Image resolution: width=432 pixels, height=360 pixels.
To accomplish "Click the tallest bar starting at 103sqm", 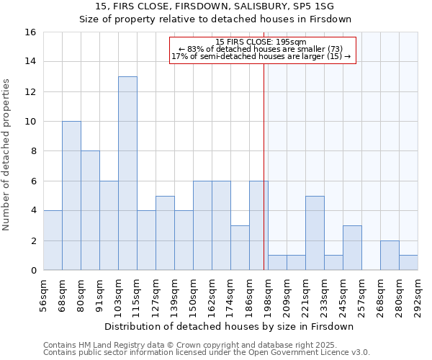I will pos(127,173).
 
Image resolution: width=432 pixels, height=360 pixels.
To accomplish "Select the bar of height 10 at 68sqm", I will pos(71,196).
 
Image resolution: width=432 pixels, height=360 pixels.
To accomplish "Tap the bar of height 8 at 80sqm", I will pos(90,210).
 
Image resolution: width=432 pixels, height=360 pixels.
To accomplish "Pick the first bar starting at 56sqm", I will pos(53,240).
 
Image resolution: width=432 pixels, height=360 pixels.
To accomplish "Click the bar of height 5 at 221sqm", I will pos(315,233).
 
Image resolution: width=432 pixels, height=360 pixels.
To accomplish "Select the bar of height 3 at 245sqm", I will pos(352,248).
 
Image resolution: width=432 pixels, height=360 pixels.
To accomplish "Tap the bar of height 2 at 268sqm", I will pos(390,256).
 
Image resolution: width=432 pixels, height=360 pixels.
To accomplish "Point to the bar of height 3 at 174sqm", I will pos(240,248).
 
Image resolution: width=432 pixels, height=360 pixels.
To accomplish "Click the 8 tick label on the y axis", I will pos(33,151).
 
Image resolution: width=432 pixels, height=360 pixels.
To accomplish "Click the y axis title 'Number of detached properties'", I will pos(9,166).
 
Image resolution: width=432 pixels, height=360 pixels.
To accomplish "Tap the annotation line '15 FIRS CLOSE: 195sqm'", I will pos(262,42).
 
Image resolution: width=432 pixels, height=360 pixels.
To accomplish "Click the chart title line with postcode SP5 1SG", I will pos(216,6).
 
